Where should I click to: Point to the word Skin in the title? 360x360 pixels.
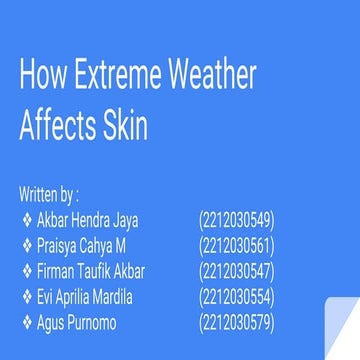124,126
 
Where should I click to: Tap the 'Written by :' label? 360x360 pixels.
48,192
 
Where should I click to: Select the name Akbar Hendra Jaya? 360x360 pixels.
88,218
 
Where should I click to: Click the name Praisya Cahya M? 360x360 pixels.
81,244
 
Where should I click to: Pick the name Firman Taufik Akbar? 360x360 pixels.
91,270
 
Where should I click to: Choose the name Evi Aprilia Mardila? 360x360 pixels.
85,296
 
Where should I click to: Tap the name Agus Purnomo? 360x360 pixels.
76,322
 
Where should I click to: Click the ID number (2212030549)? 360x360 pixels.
237,218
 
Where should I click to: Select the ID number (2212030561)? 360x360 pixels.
237,244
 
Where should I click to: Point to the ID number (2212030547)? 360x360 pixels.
237,270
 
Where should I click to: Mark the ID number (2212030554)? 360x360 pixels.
237,296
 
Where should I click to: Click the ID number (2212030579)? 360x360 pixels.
237,322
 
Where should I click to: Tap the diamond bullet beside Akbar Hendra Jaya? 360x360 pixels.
26,218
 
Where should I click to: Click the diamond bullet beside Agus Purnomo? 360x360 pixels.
26,322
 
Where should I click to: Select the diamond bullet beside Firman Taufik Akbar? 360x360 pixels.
26,270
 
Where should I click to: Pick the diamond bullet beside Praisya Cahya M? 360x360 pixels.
26,244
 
